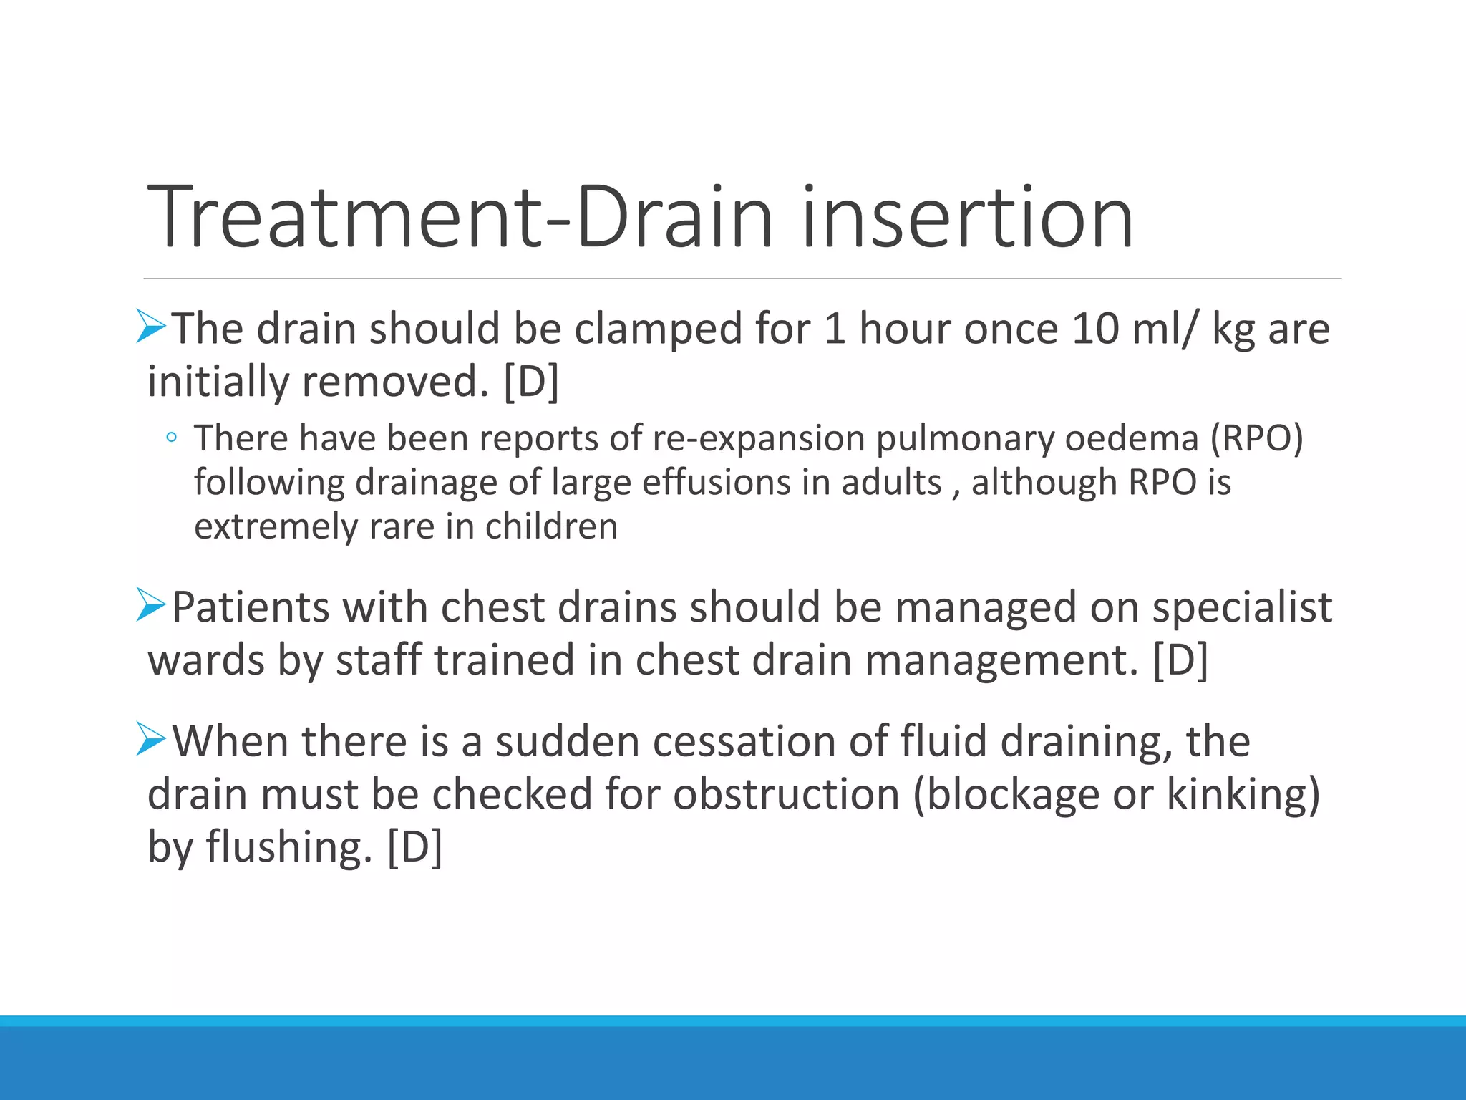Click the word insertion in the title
(x=968, y=217)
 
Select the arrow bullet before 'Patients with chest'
(x=151, y=605)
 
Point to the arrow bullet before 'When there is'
(x=151, y=739)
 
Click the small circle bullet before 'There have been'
(x=170, y=438)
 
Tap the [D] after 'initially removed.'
(x=531, y=381)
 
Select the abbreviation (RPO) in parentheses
(x=1256, y=438)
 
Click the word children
(x=551, y=526)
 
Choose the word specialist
(x=1242, y=609)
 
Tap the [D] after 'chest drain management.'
(x=1180, y=660)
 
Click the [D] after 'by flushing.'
(x=414, y=846)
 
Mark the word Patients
(x=251, y=607)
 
